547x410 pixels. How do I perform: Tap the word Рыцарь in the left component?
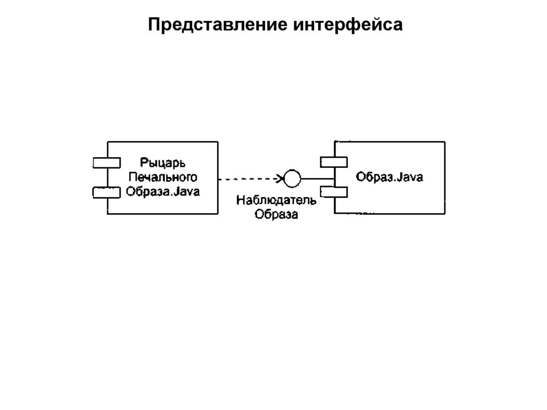[x=163, y=161]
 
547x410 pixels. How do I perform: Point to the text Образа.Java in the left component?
[x=163, y=191]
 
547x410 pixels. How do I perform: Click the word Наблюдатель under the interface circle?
[x=276, y=202]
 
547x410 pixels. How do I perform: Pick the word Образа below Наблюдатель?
[x=276, y=215]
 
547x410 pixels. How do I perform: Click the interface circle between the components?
[x=292, y=178]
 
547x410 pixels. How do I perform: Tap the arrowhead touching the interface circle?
[x=280, y=178]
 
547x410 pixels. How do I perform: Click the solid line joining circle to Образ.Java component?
[x=318, y=178]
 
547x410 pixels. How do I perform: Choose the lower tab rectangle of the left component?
[x=107, y=192]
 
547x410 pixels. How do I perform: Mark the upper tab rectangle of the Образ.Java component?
[x=334, y=162]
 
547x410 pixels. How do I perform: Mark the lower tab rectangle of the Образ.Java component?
[x=334, y=191]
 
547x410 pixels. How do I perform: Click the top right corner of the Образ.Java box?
[x=444, y=142]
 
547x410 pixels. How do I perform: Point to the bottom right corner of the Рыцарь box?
[x=217, y=214]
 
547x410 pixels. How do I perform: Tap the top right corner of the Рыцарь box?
[x=217, y=142]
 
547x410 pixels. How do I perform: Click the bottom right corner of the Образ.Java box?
[x=444, y=214]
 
